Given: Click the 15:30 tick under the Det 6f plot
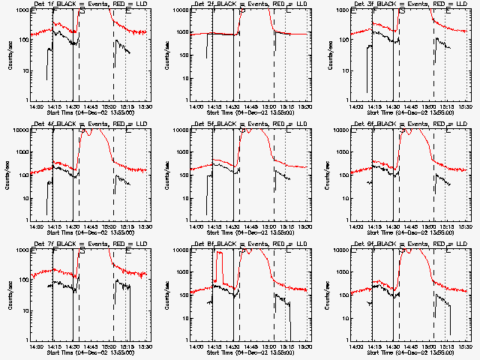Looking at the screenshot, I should [x=464, y=226].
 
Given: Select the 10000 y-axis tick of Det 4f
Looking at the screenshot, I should [x=20, y=130].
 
